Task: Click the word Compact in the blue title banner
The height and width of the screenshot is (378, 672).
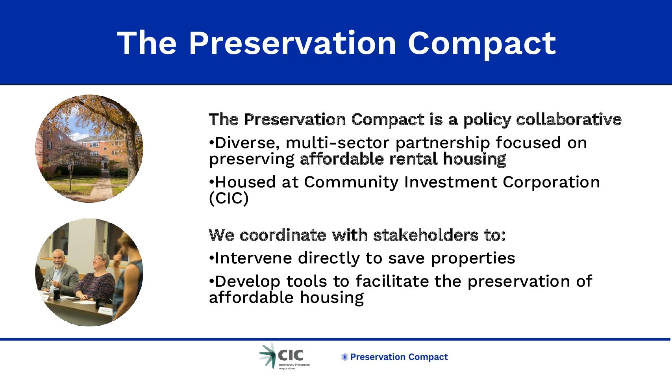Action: (x=482, y=43)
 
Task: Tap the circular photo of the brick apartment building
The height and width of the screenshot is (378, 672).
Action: (x=89, y=148)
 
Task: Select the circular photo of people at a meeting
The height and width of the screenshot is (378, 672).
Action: (x=89, y=272)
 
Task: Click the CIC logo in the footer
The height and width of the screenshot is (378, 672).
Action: (x=284, y=356)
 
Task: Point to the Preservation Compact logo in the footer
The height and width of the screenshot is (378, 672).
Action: (x=394, y=357)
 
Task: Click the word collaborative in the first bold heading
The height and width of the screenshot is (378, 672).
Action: (x=569, y=119)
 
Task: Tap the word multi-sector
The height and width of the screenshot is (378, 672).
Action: (x=337, y=143)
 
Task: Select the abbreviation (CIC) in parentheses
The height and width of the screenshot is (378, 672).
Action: (x=229, y=198)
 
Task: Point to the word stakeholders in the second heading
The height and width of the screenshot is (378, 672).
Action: (x=426, y=235)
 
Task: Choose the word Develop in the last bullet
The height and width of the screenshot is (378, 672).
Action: (x=248, y=282)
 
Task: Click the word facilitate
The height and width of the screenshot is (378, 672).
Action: (x=392, y=282)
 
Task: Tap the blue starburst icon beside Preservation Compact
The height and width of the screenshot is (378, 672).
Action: (x=345, y=357)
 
